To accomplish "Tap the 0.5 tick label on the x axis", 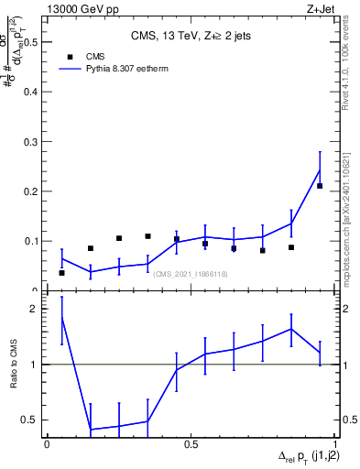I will point(191,443).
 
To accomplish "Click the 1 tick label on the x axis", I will point(335,443).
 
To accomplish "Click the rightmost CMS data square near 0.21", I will point(320,186).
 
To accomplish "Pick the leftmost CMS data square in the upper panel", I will point(61,273).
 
